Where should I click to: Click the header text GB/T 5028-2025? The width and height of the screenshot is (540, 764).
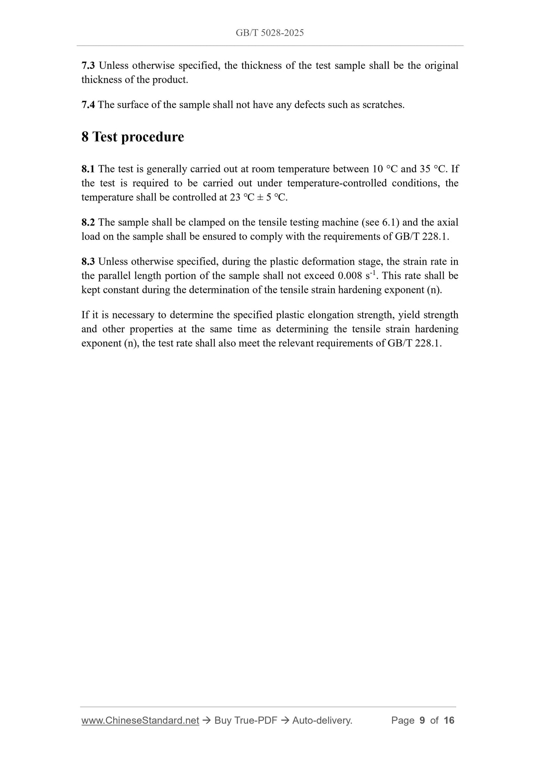point(269,33)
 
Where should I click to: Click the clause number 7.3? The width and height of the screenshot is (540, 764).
point(88,66)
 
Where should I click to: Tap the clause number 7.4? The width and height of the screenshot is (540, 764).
point(88,105)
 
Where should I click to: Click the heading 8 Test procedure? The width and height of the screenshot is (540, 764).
point(133,137)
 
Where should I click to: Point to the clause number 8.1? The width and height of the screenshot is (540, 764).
point(88,169)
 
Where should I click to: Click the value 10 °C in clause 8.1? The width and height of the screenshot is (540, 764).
point(385,169)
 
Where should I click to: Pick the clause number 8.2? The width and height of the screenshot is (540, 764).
point(88,222)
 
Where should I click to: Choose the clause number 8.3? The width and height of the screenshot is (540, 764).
point(88,262)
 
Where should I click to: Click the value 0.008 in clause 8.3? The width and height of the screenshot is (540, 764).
point(350,276)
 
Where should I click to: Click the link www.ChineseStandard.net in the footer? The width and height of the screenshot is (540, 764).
point(140,720)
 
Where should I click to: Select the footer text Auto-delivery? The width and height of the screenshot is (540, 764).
point(322,720)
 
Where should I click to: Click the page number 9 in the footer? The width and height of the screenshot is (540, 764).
point(422,720)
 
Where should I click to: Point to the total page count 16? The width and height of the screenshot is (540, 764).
point(449,720)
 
